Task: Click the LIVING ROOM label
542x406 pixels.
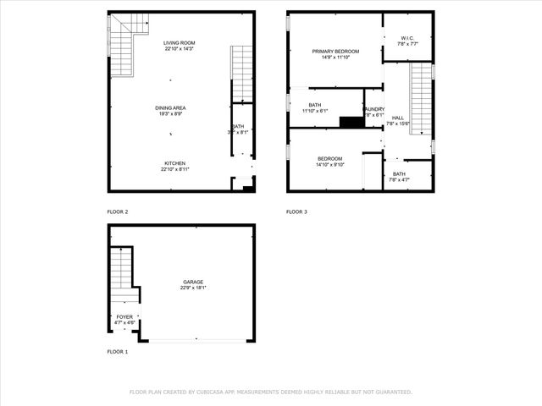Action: point(179,43)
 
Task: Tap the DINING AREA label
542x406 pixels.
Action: point(170,107)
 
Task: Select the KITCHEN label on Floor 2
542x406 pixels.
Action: point(175,163)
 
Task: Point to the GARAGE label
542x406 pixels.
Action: point(192,282)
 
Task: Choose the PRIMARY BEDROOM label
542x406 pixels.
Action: point(335,52)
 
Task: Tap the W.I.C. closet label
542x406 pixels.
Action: point(407,38)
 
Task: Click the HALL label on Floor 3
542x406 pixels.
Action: point(398,118)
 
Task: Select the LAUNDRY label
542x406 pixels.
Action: point(374,109)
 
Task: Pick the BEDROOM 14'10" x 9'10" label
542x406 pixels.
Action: point(329,159)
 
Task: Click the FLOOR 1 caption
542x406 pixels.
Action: point(117,351)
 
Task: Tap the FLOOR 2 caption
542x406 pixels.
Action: point(117,211)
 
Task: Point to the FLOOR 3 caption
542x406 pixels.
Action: point(296,211)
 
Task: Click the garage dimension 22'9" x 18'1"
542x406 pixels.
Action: point(192,288)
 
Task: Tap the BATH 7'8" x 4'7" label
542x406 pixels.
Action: point(399,173)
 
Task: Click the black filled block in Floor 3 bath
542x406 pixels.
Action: point(351,122)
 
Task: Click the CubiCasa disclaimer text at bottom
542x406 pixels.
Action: point(270,392)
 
